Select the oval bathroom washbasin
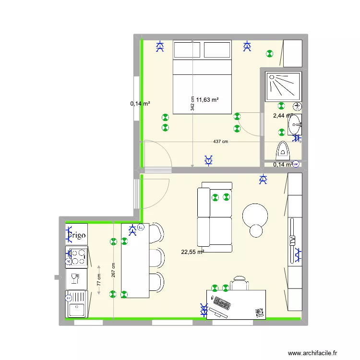pyautogui.click(x=294, y=126)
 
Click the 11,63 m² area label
pyautogui.click(x=207, y=100)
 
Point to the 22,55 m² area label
pyautogui.click(x=192, y=251)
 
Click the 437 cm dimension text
pyautogui.click(x=221, y=142)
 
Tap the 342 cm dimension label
pyautogui.click(x=192, y=104)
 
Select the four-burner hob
pyautogui.click(x=77, y=256)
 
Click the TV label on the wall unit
pyautogui.click(x=292, y=240)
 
